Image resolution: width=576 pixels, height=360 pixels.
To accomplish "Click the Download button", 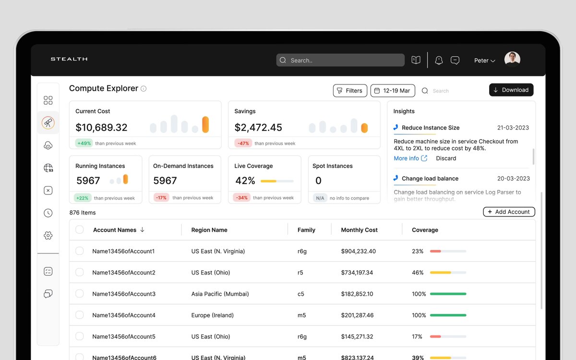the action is [x=511, y=90].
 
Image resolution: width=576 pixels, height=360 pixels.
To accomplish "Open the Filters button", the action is [x=350, y=91].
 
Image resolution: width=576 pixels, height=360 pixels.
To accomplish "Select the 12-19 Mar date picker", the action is [x=393, y=91].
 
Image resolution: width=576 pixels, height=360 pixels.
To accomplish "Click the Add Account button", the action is [x=509, y=212].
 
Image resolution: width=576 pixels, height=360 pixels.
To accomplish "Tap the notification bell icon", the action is [x=439, y=60].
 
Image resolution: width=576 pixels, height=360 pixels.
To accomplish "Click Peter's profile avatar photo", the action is [x=512, y=59].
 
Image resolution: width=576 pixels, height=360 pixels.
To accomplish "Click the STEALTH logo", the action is [x=69, y=59].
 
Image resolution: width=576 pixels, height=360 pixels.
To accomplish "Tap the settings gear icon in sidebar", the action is [x=48, y=235].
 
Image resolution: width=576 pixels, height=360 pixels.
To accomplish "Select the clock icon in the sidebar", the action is [x=48, y=213].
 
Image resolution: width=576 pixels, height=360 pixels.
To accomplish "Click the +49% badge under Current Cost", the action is [x=84, y=143].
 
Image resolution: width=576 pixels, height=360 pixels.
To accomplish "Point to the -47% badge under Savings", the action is [x=243, y=143].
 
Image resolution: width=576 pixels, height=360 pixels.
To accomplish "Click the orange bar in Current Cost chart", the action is [x=205, y=124].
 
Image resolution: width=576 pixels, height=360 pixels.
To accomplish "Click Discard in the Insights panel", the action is [x=446, y=158].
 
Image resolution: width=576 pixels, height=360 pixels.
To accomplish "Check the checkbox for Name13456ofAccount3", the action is [x=80, y=293].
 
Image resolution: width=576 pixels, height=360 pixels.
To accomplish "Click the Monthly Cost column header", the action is [x=359, y=230].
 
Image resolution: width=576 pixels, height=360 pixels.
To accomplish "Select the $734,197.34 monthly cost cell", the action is [x=357, y=272].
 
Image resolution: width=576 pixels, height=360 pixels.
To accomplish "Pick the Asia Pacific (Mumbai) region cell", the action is [x=220, y=294].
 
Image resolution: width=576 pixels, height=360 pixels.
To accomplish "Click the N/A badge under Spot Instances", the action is [x=320, y=198].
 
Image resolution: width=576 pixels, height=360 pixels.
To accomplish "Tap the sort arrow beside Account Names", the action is [x=142, y=229].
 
